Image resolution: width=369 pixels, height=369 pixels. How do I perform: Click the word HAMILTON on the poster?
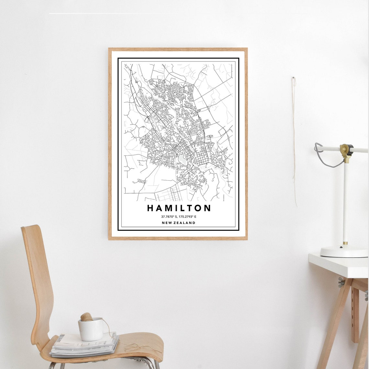pyautogui.click(x=179, y=208)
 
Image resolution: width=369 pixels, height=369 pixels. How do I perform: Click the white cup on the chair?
pyautogui.click(x=91, y=329)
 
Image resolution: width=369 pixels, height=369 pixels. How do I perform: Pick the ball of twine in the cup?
pyautogui.click(x=86, y=317)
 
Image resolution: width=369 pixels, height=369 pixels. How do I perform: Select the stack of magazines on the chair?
pyautogui.click(x=84, y=345)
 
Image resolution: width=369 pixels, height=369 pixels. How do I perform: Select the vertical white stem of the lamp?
pyautogui.click(x=345, y=201)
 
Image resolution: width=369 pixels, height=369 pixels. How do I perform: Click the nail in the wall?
pyautogui.click(x=293, y=78)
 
